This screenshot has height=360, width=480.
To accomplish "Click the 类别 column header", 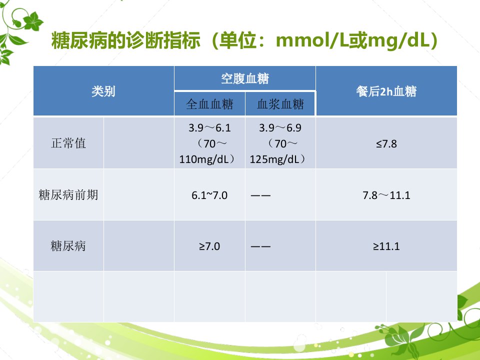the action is tap(103, 91).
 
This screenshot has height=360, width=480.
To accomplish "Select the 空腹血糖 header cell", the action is tap(245, 78).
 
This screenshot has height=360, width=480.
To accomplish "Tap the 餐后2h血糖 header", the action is tap(386, 91).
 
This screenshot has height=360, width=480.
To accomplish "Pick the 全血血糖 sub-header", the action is tap(209, 104).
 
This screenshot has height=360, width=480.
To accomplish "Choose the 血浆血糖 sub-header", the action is tap(280, 104).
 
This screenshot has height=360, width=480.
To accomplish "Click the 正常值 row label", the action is tap(68, 143).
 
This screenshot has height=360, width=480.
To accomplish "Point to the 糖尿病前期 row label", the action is tap(68, 194).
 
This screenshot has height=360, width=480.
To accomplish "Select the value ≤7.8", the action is tap(386, 143).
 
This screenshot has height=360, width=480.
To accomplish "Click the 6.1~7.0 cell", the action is tap(209, 195).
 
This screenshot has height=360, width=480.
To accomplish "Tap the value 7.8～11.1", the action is tap(386, 195).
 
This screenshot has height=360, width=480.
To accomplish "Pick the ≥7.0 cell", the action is tap(209, 246).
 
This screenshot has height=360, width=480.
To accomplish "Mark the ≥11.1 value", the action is tap(386, 246).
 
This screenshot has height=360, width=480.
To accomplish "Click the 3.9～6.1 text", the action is tap(209, 127).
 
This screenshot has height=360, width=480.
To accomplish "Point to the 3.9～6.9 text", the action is tap(280, 127).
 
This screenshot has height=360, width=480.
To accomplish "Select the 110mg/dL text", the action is tap(204, 159).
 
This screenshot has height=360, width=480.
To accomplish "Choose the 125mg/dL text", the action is tap(274, 159).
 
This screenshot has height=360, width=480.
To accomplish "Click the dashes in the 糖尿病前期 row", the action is tap(260, 195).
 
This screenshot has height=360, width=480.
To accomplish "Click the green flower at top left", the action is tap(33, 21).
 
